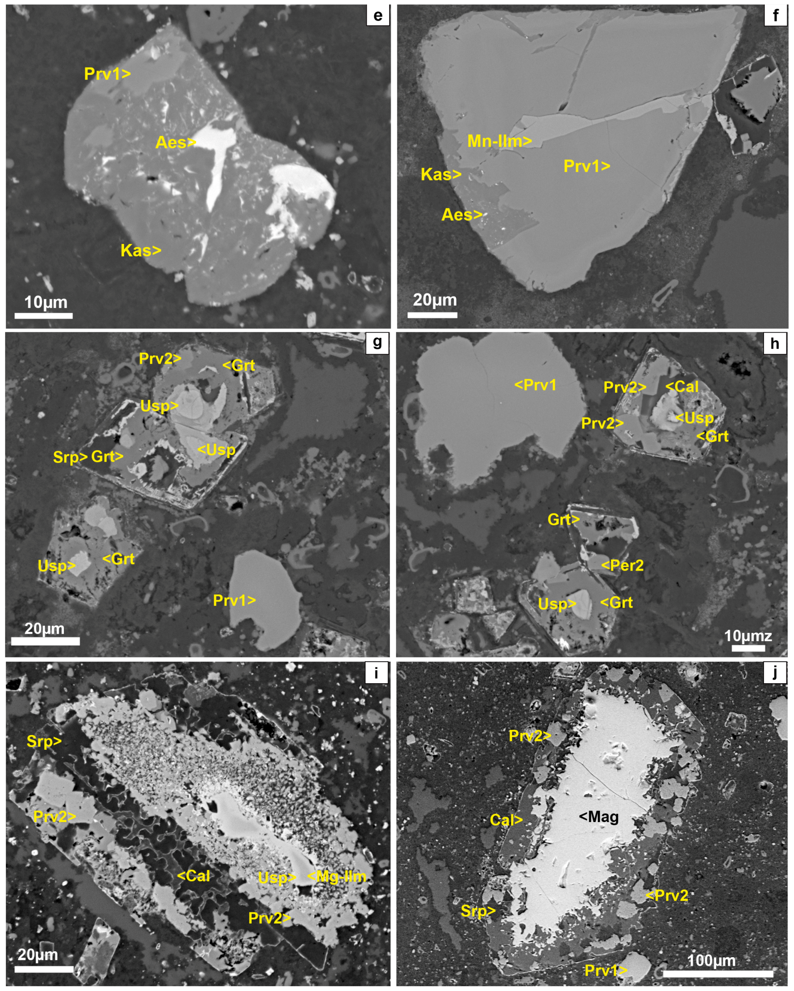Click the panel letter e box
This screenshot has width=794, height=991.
pyautogui.click(x=378, y=16)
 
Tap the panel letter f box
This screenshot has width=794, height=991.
pyautogui.click(x=776, y=16)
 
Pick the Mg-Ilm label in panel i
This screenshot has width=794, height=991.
pyautogui.click(x=337, y=877)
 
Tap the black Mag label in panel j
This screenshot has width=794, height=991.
pyautogui.click(x=599, y=817)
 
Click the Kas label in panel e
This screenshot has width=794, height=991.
pyautogui.click(x=141, y=251)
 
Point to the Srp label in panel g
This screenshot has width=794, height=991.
pyautogui.click(x=70, y=457)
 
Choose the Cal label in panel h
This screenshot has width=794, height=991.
pyautogui.click(x=682, y=386)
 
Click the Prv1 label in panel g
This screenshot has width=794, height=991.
pyautogui.click(x=234, y=600)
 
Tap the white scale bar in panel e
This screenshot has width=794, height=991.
pyautogui.click(x=44, y=316)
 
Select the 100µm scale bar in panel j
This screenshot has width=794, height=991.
pyautogui.click(x=718, y=974)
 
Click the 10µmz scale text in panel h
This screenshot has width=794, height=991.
pyautogui.click(x=747, y=636)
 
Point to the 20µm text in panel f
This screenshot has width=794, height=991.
pyautogui.click(x=434, y=300)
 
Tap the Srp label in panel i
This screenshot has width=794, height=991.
pyautogui.click(x=44, y=741)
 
